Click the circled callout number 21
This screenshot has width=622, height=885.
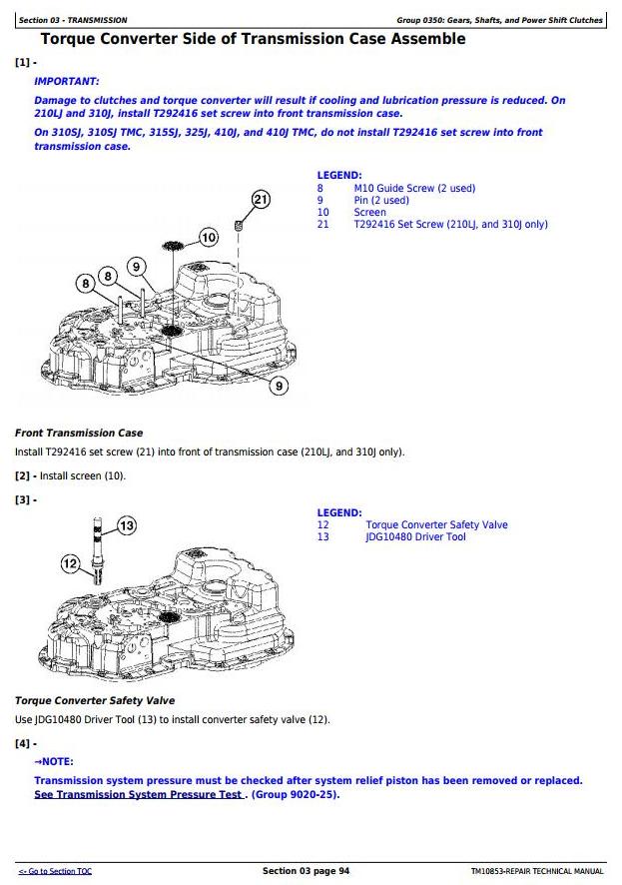click(261, 199)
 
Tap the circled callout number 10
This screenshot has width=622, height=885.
click(208, 238)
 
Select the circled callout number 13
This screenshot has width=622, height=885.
click(127, 525)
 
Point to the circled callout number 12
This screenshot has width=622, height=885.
click(70, 564)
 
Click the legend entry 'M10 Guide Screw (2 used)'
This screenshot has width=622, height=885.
click(414, 188)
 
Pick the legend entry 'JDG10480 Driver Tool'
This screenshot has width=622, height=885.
click(415, 537)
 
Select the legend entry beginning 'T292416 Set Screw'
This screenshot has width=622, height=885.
click(450, 224)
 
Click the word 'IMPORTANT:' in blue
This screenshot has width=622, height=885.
click(67, 81)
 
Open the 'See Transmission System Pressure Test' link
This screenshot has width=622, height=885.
click(139, 794)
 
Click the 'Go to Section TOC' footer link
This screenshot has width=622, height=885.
click(55, 872)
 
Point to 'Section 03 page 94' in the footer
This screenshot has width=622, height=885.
click(306, 871)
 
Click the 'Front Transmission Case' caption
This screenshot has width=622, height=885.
click(79, 434)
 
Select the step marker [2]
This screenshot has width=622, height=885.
click(22, 475)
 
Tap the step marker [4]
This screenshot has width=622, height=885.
click(22, 743)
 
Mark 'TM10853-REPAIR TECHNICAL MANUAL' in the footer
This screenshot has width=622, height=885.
click(537, 872)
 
